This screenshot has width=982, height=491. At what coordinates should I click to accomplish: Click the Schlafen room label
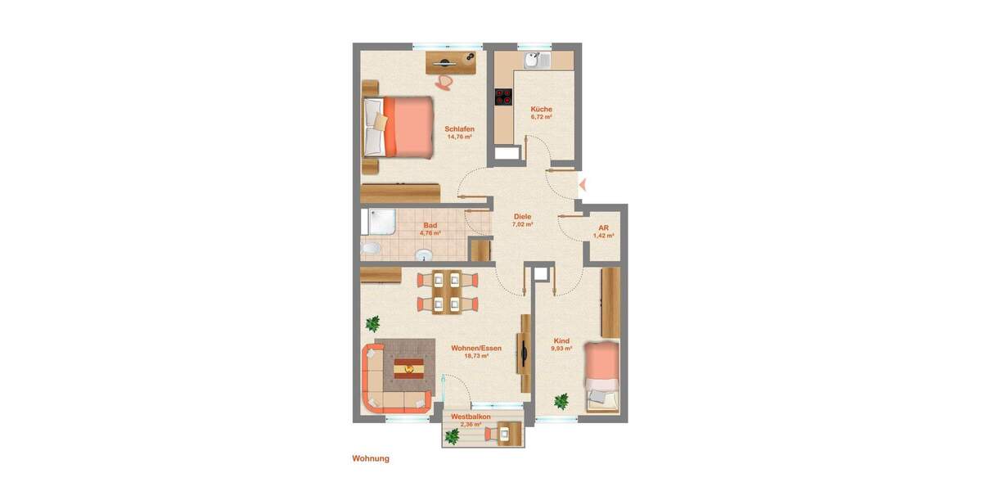(x=459, y=128)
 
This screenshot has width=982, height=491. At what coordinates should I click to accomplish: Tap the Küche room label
(x=541, y=109)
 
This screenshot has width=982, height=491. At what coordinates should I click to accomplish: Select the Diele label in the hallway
(x=522, y=216)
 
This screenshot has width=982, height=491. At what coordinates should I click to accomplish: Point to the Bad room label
(x=430, y=225)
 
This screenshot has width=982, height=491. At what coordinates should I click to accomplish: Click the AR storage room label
(x=603, y=227)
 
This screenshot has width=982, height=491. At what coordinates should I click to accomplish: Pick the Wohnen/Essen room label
(x=476, y=348)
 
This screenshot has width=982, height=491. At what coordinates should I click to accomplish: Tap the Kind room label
(x=561, y=340)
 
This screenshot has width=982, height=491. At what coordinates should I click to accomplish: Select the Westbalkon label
(x=471, y=417)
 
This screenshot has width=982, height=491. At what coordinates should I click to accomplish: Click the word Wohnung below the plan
(x=371, y=458)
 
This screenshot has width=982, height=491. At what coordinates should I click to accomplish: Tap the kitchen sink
(x=534, y=60)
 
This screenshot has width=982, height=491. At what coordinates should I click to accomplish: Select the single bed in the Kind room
(x=601, y=377)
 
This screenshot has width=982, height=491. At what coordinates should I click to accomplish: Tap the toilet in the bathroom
(x=370, y=248)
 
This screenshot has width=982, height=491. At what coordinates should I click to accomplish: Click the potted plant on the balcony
(x=452, y=436)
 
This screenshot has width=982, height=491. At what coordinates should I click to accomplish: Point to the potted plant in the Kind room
(x=561, y=401)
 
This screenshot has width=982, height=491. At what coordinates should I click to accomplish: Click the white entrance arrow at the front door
(x=582, y=182)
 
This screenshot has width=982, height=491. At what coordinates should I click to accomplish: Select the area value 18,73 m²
(x=476, y=356)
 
